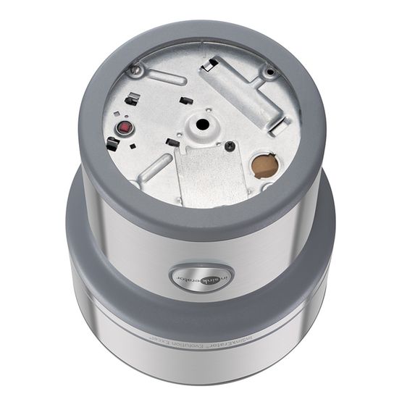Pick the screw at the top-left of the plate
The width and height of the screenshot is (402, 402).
point(135,70)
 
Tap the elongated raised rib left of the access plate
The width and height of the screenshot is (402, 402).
point(154,168)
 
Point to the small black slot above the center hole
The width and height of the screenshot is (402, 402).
point(186,100)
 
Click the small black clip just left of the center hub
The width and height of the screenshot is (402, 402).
point(171,142)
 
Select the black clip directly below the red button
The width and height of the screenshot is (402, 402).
point(113,144)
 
